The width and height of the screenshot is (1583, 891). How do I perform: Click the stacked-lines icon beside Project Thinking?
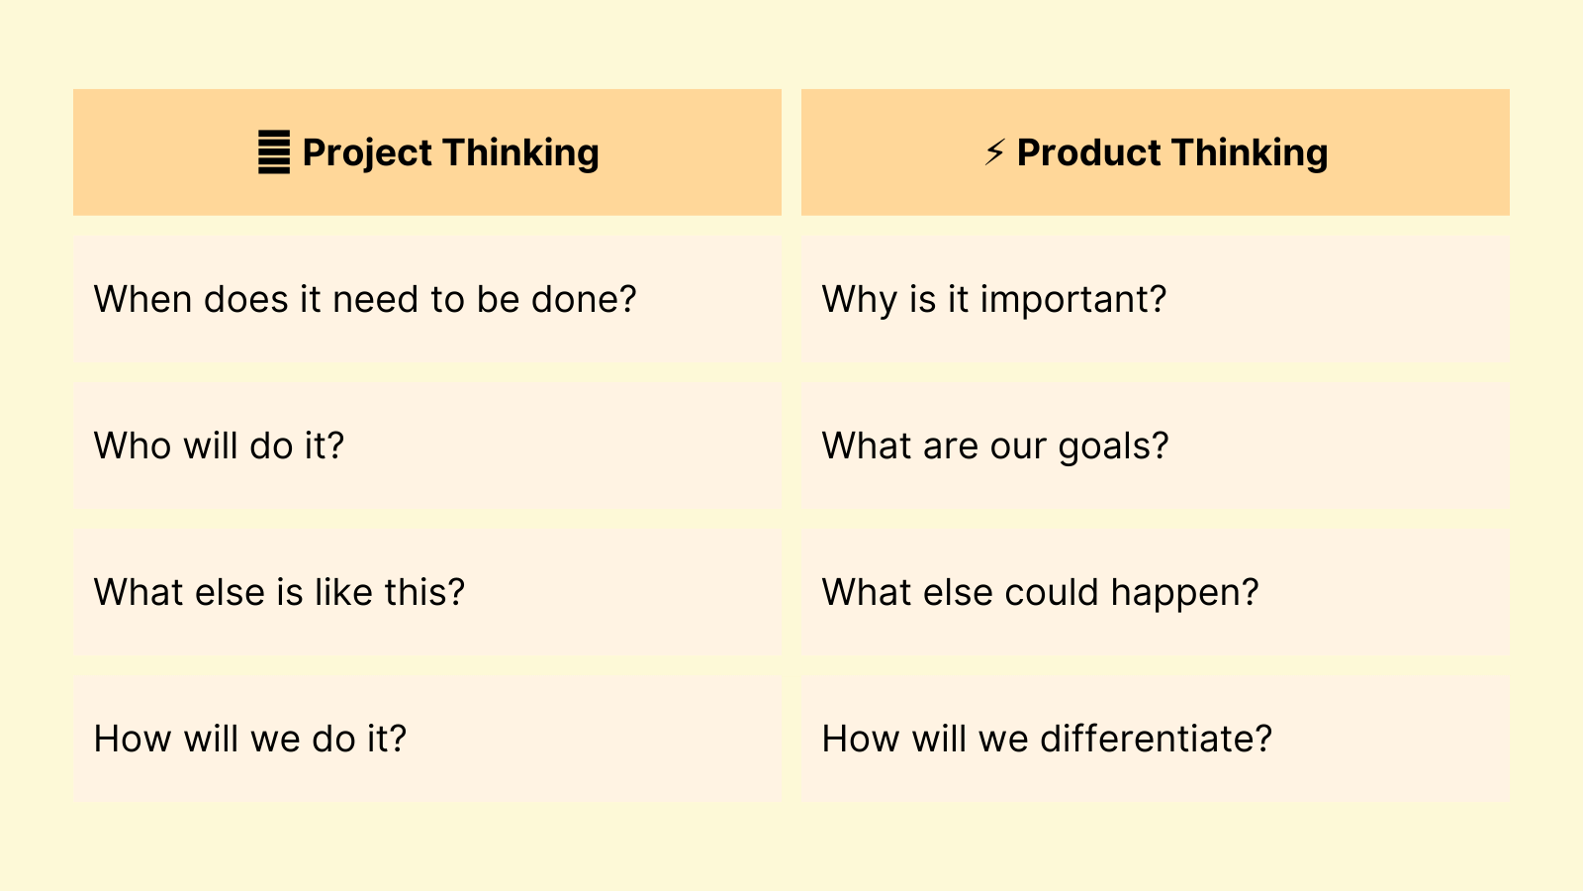point(274,152)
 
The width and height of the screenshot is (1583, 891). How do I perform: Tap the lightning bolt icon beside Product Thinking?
point(994,152)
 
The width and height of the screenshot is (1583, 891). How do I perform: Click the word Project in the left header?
point(367,153)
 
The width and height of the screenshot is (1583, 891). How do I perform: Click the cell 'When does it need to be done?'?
point(426,299)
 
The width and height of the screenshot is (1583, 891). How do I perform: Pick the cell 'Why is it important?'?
point(1155,299)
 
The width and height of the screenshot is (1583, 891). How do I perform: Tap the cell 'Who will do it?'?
point(426,445)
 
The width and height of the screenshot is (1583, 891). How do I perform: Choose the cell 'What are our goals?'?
point(1155,445)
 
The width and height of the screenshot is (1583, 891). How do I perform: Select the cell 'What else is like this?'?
point(426,592)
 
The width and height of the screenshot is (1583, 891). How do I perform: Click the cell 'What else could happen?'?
point(1155,592)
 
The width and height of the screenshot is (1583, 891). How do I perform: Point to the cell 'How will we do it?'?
point(426,739)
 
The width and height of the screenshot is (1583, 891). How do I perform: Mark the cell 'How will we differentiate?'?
point(1155,739)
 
